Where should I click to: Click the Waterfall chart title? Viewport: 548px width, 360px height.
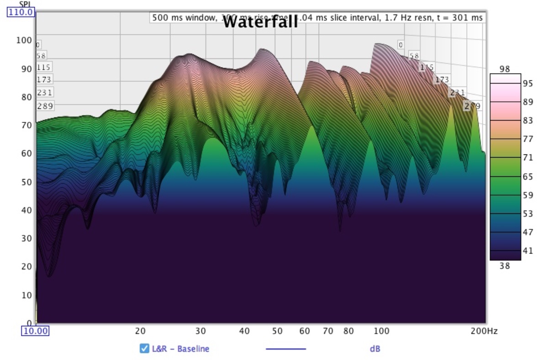click(x=260, y=22)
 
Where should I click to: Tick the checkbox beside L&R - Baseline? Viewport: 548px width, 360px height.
click(x=144, y=349)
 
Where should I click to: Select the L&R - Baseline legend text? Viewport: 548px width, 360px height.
click(x=180, y=349)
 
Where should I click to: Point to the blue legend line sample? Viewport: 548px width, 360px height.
click(x=286, y=349)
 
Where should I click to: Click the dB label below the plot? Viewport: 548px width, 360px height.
click(x=374, y=349)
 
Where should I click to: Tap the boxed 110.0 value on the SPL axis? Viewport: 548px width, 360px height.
click(x=21, y=12)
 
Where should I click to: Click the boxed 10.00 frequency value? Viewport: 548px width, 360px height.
click(x=36, y=331)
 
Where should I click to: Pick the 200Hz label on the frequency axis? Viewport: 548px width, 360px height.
click(x=484, y=331)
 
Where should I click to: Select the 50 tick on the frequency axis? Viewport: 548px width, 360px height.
click(x=277, y=331)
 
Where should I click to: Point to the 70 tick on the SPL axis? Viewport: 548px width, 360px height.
click(x=26, y=125)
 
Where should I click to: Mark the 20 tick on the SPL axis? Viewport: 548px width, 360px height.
click(x=26, y=266)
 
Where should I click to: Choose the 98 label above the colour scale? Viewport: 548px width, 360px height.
click(x=504, y=69)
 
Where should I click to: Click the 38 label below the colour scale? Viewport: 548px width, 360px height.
click(x=504, y=265)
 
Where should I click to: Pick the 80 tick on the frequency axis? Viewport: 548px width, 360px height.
click(x=348, y=331)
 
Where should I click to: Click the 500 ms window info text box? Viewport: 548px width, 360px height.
click(x=317, y=17)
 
